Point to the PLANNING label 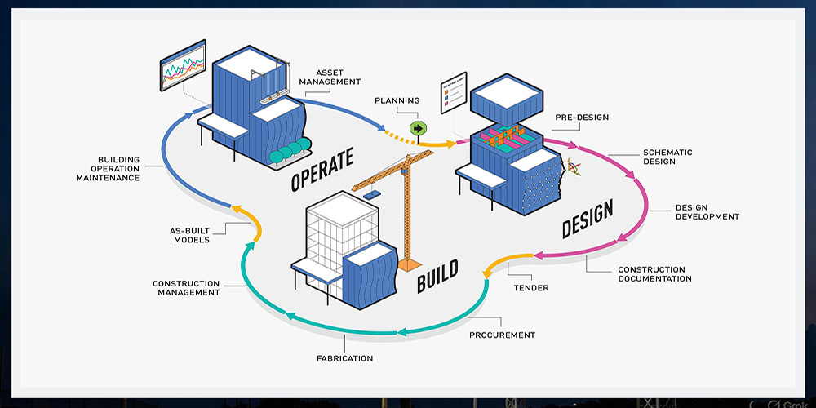pyautogui.click(x=397, y=101)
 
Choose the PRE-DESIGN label pyautogui.click(x=582, y=118)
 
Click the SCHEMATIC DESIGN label pyautogui.click(x=667, y=157)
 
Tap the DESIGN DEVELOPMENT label pyautogui.click(x=707, y=211)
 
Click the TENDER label pyautogui.click(x=530, y=287)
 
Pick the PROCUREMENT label pyautogui.click(x=502, y=335)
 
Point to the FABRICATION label pyautogui.click(x=344, y=358)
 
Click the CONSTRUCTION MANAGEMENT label pyautogui.click(x=186, y=288)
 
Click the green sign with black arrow pyautogui.click(x=419, y=128)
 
